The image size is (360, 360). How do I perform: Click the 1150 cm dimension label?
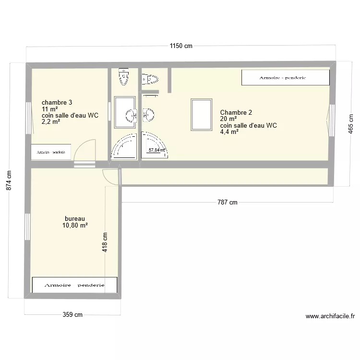tap(180, 46)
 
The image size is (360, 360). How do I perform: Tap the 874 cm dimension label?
tap(9, 181)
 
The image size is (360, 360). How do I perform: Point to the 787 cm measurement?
tap(228, 203)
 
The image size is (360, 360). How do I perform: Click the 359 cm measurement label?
tap(73, 315)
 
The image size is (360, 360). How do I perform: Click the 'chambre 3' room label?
tap(57, 102)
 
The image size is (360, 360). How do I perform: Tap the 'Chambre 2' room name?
tap(236, 113)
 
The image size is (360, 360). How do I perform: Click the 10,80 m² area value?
tap(75, 225)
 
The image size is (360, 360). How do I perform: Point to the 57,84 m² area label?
tap(156, 150)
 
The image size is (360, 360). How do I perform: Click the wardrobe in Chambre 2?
tap(286, 78)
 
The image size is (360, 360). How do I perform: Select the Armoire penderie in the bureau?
tap(74, 285)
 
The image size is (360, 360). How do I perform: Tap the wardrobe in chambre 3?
tap(51, 152)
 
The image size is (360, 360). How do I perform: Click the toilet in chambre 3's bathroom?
tap(124, 77)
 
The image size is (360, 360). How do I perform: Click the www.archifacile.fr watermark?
tap(330, 316)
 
